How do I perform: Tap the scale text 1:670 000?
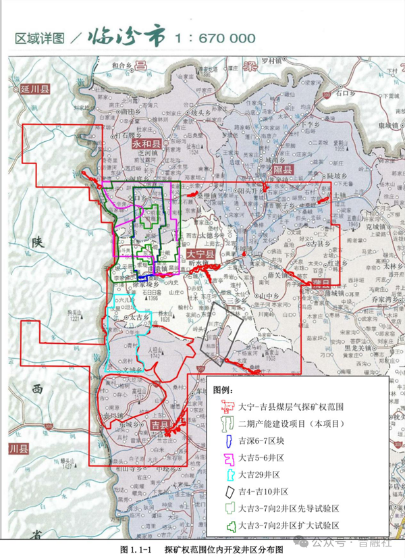click(215, 38)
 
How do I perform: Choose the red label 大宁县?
click(200, 254)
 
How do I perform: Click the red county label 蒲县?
click(321, 282)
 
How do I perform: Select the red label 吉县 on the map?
click(160, 426)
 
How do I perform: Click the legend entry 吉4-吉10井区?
click(263, 492)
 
